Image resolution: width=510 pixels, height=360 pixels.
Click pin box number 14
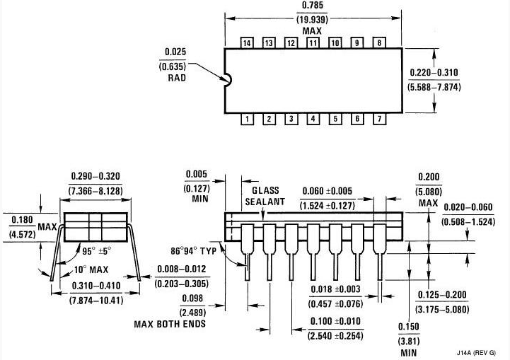click(247, 42)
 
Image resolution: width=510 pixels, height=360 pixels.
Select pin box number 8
click(379, 42)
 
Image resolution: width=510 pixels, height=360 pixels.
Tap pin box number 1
click(247, 119)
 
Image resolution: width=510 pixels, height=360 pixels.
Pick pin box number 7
click(379, 119)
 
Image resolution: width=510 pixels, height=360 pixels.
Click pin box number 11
click(313, 42)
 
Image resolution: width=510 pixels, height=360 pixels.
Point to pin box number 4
click(313, 119)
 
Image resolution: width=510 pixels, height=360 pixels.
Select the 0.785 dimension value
click(313, 6)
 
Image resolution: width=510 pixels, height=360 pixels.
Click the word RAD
click(177, 78)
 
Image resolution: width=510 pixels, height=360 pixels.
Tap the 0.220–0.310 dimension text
click(434, 72)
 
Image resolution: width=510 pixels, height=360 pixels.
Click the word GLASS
click(265, 190)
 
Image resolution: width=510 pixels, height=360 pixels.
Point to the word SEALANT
click(265, 202)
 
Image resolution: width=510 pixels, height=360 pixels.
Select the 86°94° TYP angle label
click(194, 251)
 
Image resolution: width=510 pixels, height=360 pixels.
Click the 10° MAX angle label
click(91, 269)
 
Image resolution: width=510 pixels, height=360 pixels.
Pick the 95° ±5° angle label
click(97, 251)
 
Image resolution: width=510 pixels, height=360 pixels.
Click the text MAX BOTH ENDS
click(170, 324)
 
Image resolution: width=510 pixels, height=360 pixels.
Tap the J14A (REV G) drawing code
click(477, 352)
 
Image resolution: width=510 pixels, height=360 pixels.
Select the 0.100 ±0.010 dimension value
click(335, 321)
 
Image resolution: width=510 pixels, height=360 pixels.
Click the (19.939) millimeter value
click(312, 20)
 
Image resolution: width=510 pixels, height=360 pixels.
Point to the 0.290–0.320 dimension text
click(95, 176)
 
